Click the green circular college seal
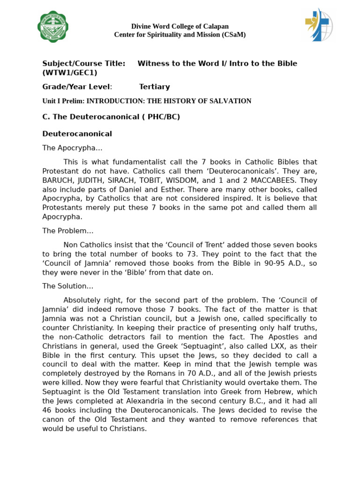[53, 27]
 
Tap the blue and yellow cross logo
[319, 25]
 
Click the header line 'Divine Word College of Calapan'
[180, 26]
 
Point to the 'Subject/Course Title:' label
[83, 63]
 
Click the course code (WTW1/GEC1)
[70, 73]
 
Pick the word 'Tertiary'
[154, 87]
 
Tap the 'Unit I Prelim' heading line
[147, 101]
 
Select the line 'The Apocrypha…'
[72, 148]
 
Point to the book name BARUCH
[58, 180]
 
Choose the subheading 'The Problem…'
[68, 231]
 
